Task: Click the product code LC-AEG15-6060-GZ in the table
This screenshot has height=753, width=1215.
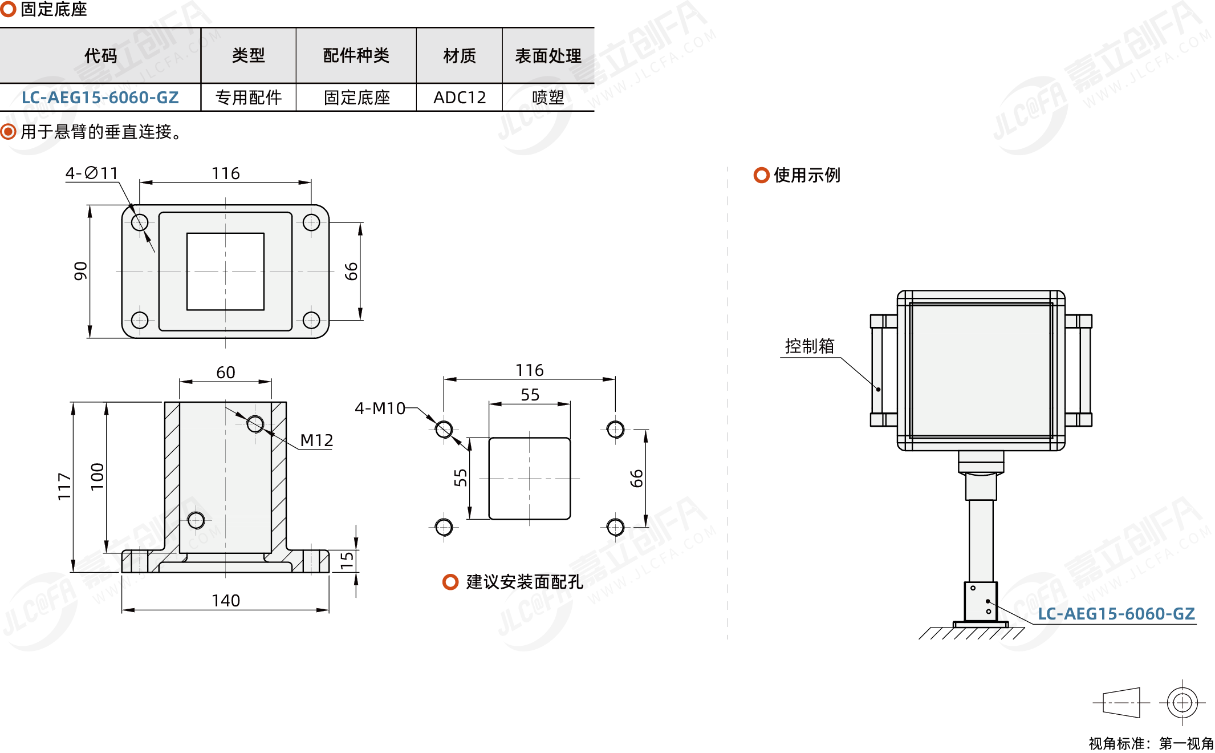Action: (x=100, y=98)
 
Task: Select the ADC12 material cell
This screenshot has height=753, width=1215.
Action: (x=460, y=98)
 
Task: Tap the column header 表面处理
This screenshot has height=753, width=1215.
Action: (x=548, y=56)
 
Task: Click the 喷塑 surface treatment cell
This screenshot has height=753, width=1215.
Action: (x=548, y=98)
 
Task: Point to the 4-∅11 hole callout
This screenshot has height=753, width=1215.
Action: (x=92, y=173)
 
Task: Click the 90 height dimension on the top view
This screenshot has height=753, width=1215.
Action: (x=81, y=271)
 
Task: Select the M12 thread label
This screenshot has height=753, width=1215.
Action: (x=316, y=440)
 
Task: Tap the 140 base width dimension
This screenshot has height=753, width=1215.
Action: (x=226, y=601)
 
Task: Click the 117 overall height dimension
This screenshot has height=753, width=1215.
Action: (x=64, y=487)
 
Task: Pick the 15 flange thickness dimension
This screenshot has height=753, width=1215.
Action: (x=347, y=560)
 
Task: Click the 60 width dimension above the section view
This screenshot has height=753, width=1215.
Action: (x=226, y=373)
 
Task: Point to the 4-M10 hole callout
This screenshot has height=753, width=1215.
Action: (x=380, y=408)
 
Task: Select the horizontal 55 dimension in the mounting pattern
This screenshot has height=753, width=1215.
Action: (x=530, y=395)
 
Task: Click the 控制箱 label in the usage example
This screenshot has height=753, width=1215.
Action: (x=810, y=346)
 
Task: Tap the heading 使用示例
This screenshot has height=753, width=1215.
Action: (x=807, y=175)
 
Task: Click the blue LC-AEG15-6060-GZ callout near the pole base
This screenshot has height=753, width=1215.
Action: (x=1116, y=614)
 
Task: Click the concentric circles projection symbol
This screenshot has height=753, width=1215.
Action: (x=1182, y=702)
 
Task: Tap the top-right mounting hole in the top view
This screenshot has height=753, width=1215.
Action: (x=311, y=222)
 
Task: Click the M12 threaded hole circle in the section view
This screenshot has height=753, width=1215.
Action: (x=255, y=424)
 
